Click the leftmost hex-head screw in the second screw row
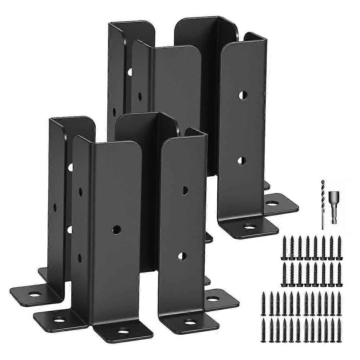coord(284,274)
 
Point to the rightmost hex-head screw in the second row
coord(339,274)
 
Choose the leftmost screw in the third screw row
coord(263,303)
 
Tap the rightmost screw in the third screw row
coord(339,303)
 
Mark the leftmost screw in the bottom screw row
coord(263,330)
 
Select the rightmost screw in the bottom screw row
coord(339,330)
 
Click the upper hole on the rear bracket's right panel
coord(243,95)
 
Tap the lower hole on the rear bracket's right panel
coord(242,161)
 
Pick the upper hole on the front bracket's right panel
coord(184,191)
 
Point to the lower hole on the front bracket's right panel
coord(182,256)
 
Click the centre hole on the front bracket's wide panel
coord(117,229)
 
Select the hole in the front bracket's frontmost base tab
coord(123,331)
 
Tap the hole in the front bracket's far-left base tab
coord(35,294)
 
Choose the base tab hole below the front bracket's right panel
coord(190,322)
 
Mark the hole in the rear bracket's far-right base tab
coord(273,204)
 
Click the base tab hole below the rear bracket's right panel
coord(249,227)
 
